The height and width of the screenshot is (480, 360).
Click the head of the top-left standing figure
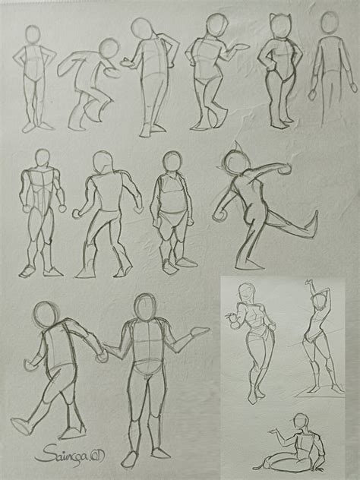[x=33, y=36]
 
